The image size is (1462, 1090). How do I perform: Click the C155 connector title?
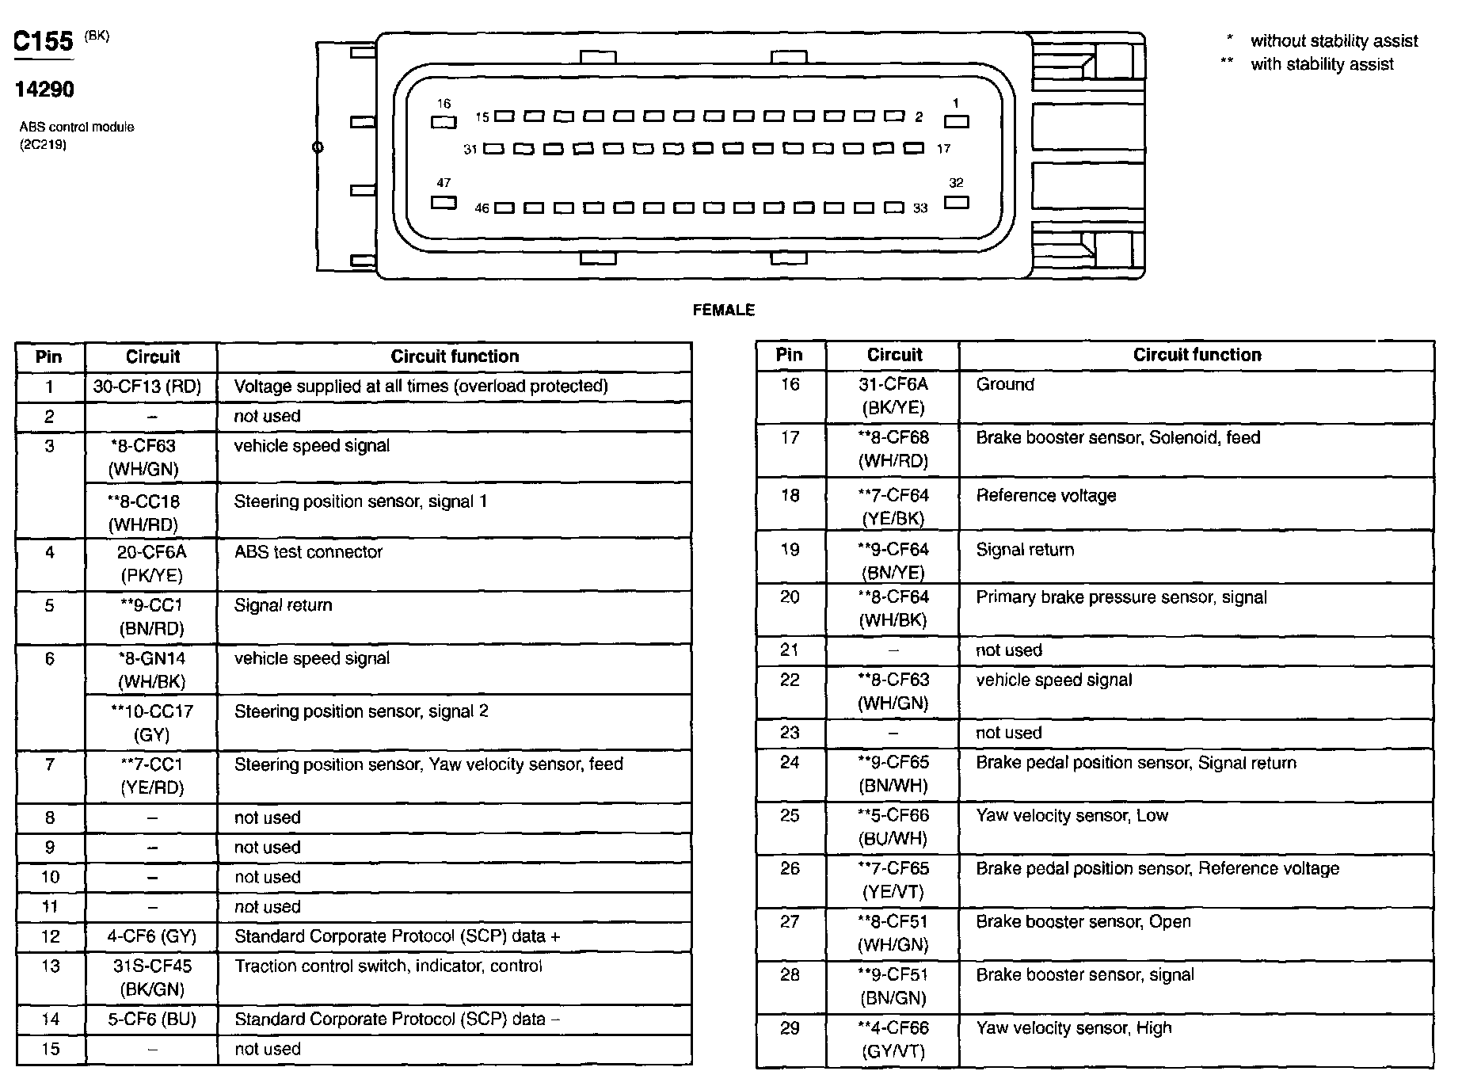click(x=44, y=41)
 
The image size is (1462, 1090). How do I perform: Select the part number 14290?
click(x=44, y=90)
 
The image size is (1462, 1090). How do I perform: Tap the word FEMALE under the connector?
click(x=723, y=310)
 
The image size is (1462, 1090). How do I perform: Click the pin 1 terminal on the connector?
click(x=956, y=121)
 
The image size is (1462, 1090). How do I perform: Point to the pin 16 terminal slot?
click(x=444, y=122)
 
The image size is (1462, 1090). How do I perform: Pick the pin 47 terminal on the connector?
click(x=444, y=202)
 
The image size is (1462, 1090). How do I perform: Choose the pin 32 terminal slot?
click(x=957, y=201)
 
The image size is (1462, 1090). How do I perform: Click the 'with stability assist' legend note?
click(x=1322, y=64)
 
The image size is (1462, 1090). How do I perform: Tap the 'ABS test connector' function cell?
click(x=309, y=552)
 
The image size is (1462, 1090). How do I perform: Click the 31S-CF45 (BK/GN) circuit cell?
click(x=150, y=977)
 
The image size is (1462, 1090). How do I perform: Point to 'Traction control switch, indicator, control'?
click(x=388, y=966)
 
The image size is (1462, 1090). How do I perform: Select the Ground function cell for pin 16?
click(x=1005, y=385)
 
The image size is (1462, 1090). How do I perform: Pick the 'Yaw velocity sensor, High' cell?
click(x=1073, y=1028)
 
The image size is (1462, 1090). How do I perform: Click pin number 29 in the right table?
click(x=790, y=1028)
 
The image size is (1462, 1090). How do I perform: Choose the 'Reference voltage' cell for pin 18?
click(x=1045, y=496)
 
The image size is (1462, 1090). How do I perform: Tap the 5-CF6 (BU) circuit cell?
click(x=151, y=1019)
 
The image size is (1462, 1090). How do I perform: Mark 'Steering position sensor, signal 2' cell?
click(x=361, y=711)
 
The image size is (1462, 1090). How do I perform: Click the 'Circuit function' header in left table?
click(x=455, y=356)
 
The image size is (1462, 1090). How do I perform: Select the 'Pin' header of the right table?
click(x=789, y=355)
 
